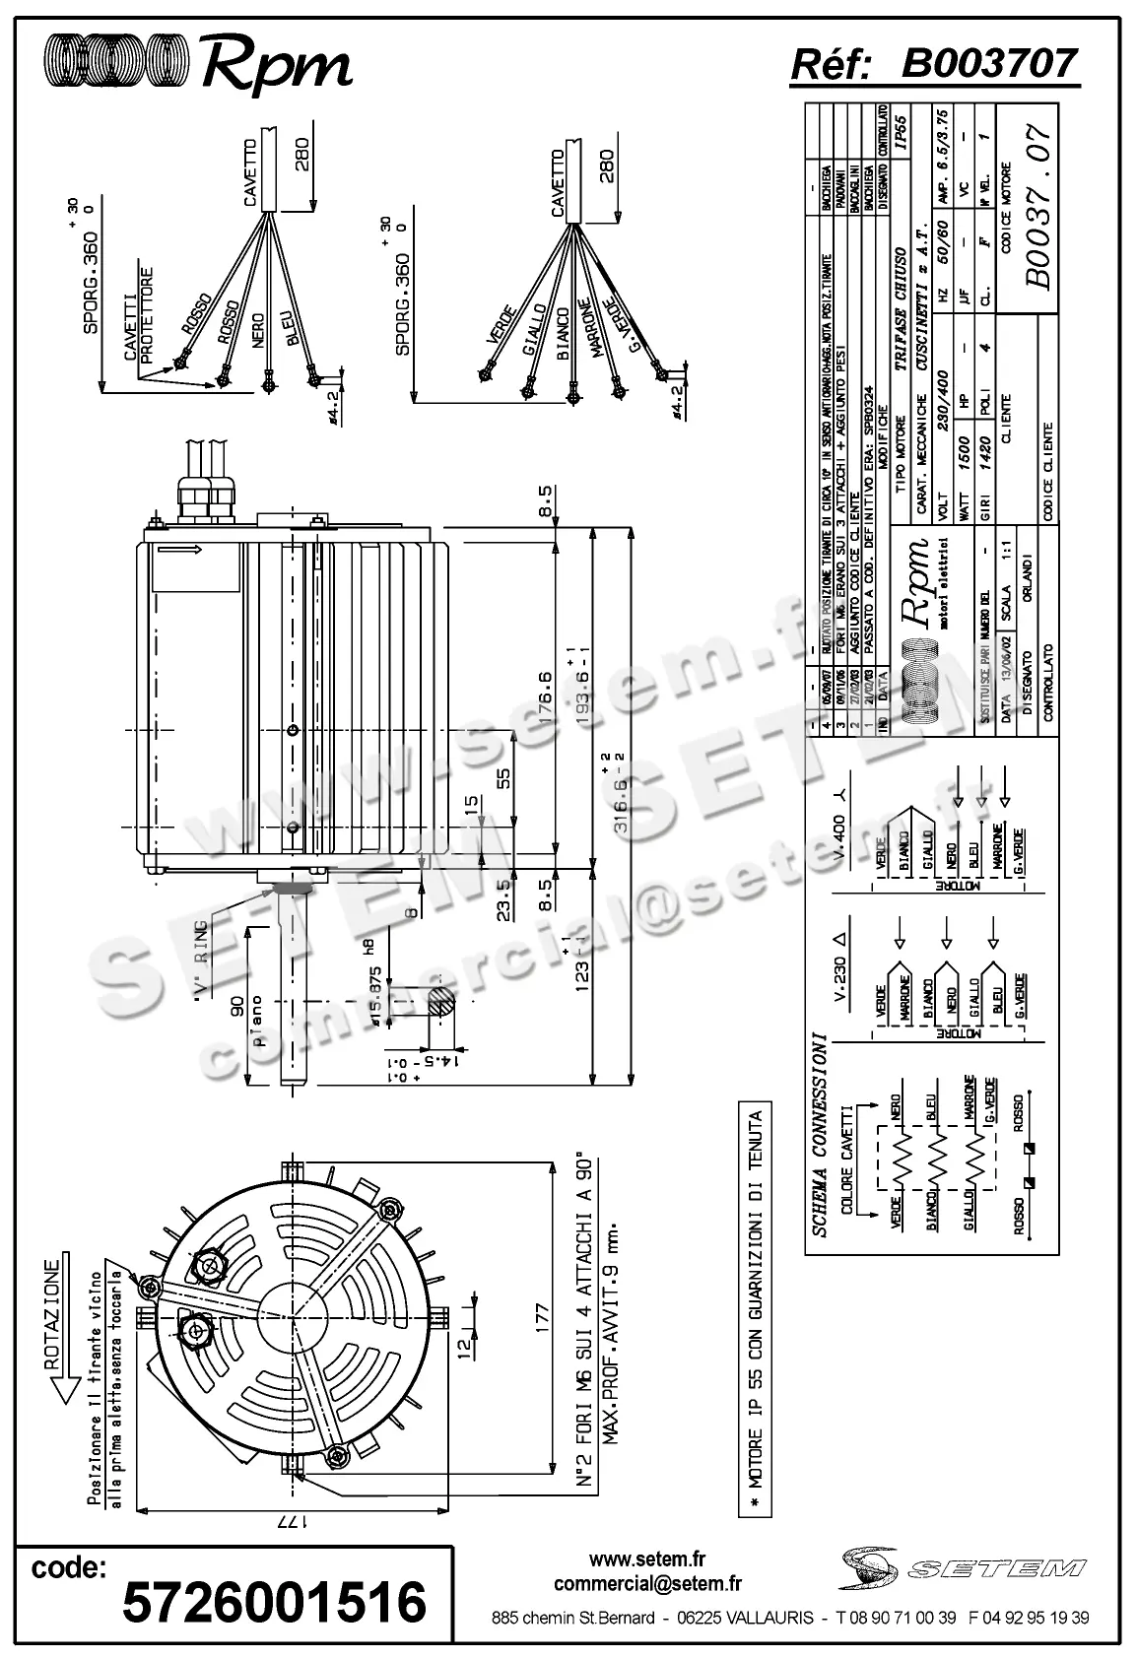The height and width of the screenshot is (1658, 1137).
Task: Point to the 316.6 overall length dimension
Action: tap(623, 796)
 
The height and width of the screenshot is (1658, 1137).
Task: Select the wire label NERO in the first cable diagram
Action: tap(259, 333)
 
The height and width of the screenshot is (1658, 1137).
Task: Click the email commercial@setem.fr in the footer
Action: tap(647, 1583)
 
